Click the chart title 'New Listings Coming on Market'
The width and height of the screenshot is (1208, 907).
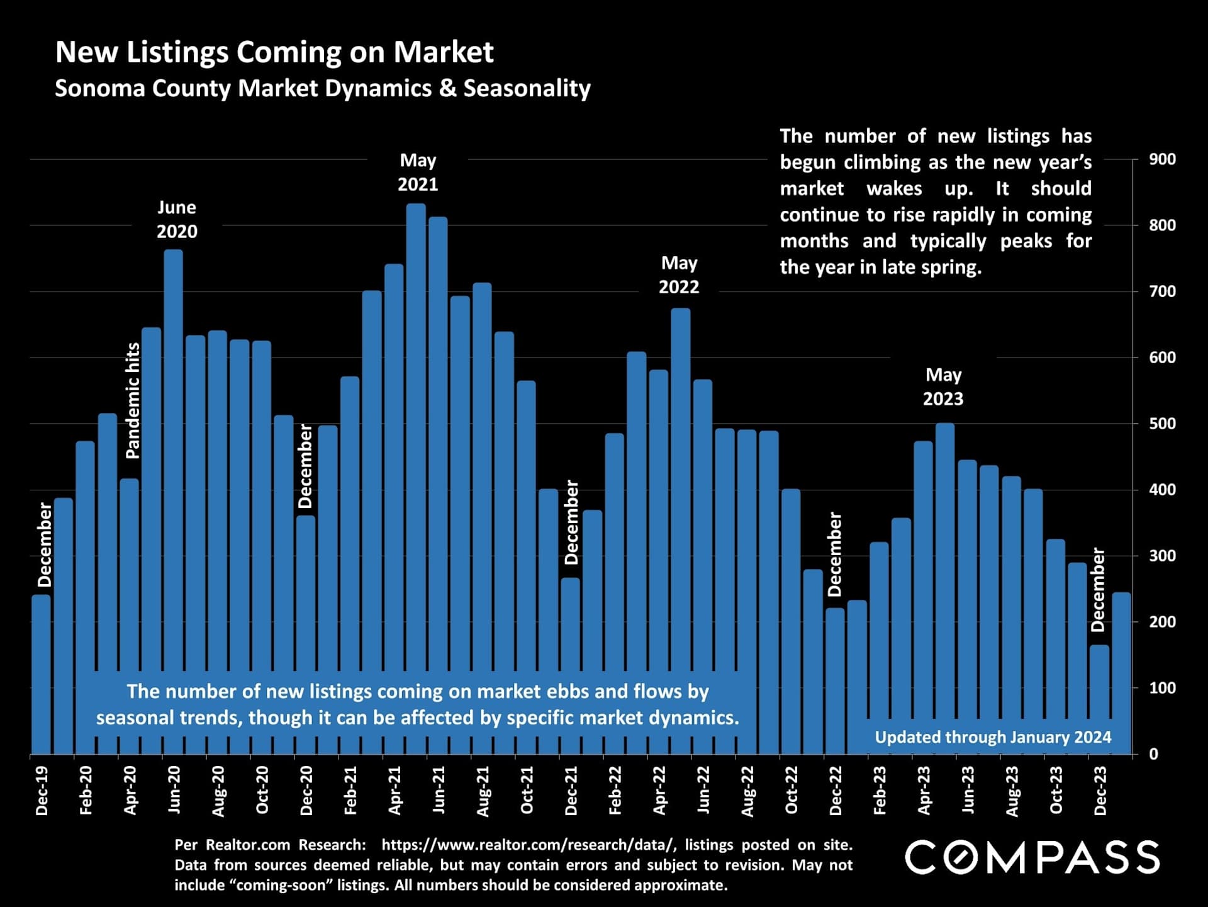click(x=274, y=52)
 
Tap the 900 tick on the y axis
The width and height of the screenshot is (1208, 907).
click(x=1162, y=160)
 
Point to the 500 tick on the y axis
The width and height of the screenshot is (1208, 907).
click(x=1162, y=424)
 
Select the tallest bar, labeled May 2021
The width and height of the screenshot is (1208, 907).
click(x=416, y=441)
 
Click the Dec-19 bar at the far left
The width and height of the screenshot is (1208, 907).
click(x=42, y=673)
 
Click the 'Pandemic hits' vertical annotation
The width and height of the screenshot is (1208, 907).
click(x=133, y=401)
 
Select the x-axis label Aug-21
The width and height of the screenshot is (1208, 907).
click(x=483, y=791)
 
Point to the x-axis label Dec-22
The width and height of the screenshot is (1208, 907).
click(x=836, y=791)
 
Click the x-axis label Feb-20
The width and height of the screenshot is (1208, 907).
click(x=86, y=791)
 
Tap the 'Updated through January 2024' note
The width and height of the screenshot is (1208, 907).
click(x=993, y=737)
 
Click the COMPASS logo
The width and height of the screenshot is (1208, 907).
click(x=1032, y=857)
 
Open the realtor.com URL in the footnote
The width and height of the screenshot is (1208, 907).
click(x=529, y=845)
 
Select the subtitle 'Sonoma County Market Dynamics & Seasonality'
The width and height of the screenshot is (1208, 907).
click(x=322, y=88)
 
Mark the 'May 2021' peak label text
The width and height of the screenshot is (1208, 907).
click(x=418, y=172)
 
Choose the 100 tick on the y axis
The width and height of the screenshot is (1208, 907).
click(x=1162, y=688)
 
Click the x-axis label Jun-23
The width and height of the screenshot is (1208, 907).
click(x=968, y=791)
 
